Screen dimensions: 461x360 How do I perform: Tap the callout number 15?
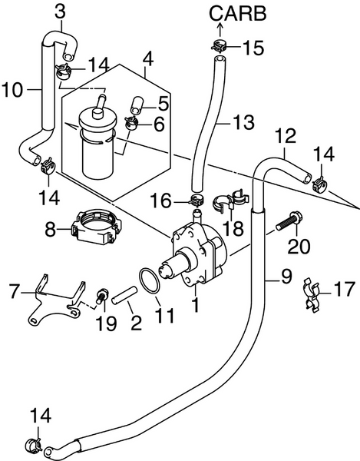click(253, 48)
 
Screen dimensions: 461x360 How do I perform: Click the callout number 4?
click(147, 58)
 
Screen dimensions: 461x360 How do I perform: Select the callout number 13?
click(243, 121)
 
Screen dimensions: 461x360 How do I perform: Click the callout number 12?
click(285, 136)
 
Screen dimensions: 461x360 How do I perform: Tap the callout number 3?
click(61, 12)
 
